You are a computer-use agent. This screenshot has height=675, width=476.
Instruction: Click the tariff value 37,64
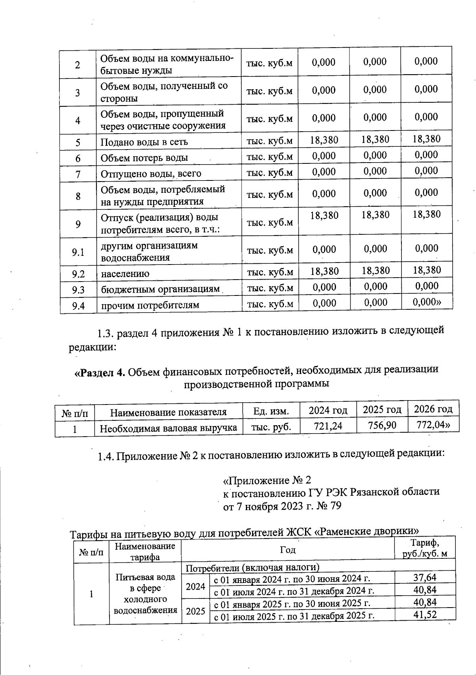[425, 577]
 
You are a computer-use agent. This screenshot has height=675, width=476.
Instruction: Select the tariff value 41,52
[425, 615]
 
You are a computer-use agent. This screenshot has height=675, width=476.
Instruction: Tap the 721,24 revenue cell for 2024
[328, 426]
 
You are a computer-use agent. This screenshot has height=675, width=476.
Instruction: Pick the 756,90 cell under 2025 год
[382, 426]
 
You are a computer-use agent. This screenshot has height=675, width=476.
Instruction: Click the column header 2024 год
[328, 410]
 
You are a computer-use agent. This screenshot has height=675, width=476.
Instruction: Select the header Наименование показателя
[168, 412]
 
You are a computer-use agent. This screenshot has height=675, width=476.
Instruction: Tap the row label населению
[125, 274]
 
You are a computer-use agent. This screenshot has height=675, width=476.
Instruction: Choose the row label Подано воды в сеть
[144, 142]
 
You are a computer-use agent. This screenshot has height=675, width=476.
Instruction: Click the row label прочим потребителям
[150, 305]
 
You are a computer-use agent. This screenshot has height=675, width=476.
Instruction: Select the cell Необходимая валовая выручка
[168, 428]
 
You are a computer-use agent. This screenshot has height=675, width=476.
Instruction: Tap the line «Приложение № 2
[267, 481]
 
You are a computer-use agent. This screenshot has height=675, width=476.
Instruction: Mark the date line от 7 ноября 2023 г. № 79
[282, 506]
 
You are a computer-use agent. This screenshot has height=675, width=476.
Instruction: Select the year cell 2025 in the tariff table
[196, 611]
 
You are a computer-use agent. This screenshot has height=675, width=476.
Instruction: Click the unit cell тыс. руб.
[271, 427]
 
